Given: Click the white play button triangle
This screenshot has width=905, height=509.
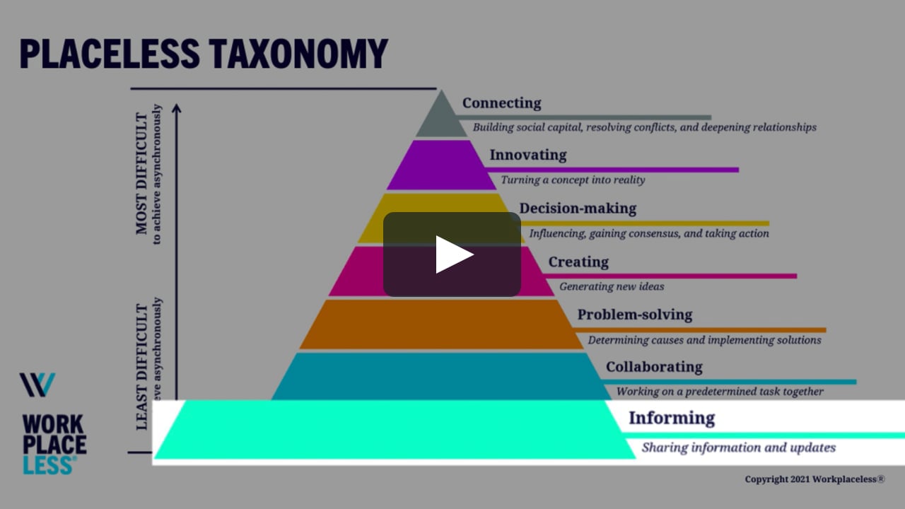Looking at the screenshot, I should (x=453, y=255).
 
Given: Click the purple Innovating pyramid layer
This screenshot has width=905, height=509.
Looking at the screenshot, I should (x=441, y=165).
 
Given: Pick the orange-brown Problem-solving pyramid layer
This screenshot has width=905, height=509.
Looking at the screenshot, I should (x=441, y=324).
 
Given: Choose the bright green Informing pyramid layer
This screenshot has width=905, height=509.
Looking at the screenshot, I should (x=396, y=430).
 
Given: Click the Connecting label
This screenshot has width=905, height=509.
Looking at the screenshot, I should (x=501, y=103).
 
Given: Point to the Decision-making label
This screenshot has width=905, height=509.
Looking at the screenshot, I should (x=578, y=209).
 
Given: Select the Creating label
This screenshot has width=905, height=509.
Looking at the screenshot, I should (x=578, y=262).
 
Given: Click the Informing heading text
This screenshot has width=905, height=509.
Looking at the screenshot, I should (x=672, y=418).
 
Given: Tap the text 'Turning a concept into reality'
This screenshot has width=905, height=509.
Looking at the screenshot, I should (x=573, y=180).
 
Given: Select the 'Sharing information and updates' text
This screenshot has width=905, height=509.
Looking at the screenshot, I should (x=739, y=447).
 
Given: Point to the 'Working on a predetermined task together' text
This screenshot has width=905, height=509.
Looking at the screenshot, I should (x=720, y=391).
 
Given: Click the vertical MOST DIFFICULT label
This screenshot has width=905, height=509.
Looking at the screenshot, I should (x=142, y=173).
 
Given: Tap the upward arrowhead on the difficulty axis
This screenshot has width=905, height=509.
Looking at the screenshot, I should (x=177, y=108).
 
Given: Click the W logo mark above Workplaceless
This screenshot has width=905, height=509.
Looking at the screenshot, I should (x=37, y=385).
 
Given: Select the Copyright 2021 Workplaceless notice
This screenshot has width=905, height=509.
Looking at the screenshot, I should (x=814, y=479).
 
